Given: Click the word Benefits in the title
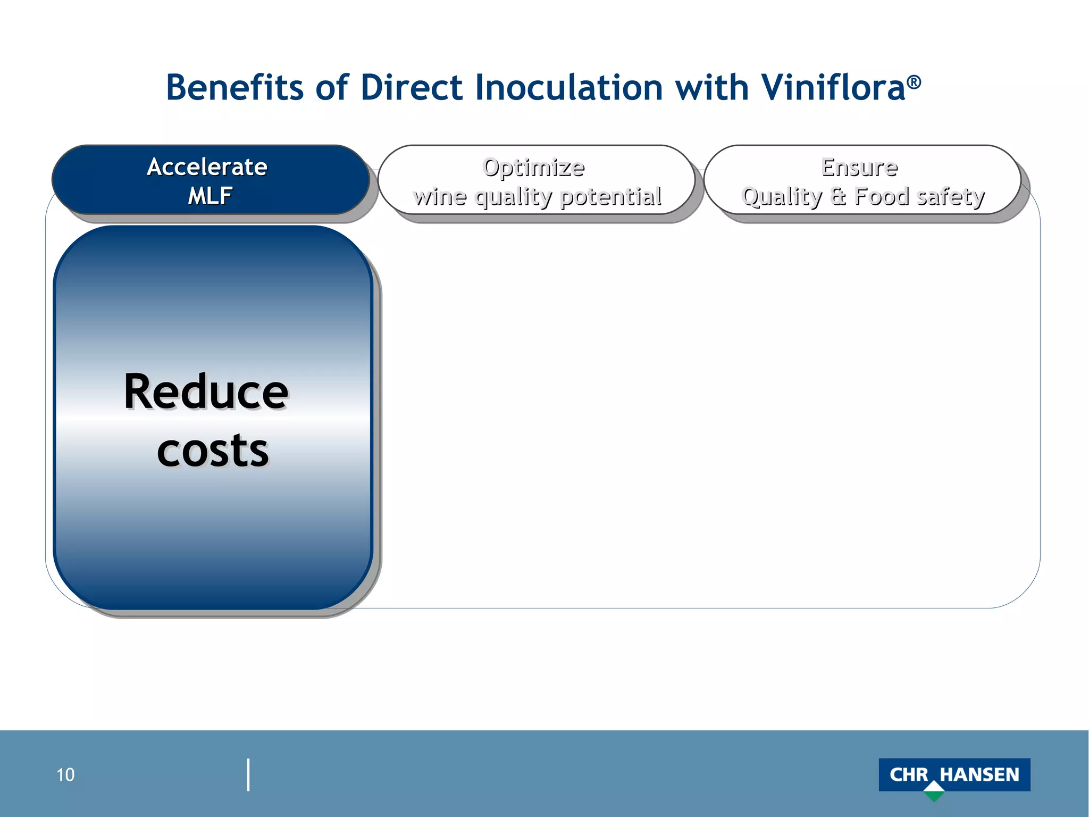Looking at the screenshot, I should (x=234, y=87).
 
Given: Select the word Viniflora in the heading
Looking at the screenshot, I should (x=833, y=87).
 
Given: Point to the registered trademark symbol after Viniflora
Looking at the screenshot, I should (x=914, y=81).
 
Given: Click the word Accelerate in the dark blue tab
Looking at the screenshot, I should (x=207, y=167).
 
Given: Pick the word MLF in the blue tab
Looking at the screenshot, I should (x=210, y=196).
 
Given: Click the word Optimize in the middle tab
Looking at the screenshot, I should (x=533, y=167).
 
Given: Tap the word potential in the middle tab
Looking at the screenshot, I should (x=611, y=196).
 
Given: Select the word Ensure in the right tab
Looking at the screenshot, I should (x=859, y=167).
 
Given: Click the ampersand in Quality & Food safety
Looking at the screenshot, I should (x=838, y=196).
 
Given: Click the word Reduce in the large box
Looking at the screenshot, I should (x=206, y=392).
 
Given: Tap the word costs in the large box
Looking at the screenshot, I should (x=213, y=451).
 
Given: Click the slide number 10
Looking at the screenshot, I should (x=65, y=775).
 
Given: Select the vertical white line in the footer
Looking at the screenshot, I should (x=248, y=775).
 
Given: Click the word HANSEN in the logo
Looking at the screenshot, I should (x=979, y=774).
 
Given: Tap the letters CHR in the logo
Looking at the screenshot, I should (x=908, y=774).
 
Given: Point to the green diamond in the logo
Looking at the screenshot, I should (x=934, y=792).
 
